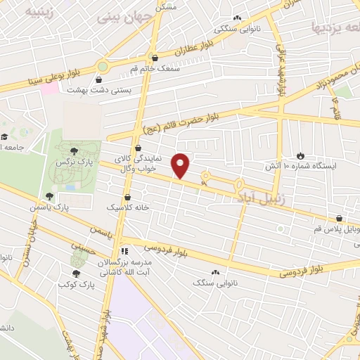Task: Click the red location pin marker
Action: coord(181,165)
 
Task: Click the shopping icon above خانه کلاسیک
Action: coord(127,198)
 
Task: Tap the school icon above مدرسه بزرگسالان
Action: coord(124,251)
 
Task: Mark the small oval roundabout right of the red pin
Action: coord(206,176)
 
